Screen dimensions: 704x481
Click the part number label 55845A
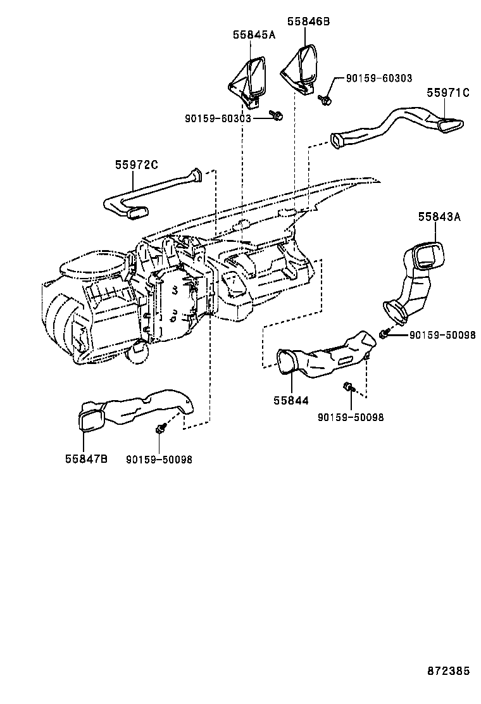(x=254, y=35)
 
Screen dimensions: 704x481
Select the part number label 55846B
(x=308, y=22)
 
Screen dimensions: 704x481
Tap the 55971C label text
(x=447, y=92)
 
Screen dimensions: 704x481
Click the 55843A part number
(x=439, y=217)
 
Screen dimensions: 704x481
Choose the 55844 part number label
(x=291, y=400)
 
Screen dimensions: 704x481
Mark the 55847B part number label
(x=86, y=459)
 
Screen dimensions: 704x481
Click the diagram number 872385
(x=447, y=670)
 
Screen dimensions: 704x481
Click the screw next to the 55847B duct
(x=161, y=429)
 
